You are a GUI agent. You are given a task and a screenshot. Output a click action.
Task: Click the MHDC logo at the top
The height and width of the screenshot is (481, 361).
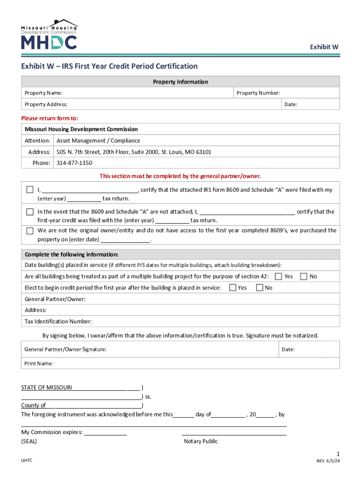tap(49, 35)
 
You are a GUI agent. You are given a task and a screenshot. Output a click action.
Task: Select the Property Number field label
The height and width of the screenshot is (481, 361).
tap(258, 93)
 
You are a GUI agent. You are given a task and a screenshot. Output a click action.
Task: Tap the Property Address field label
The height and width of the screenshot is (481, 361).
tap(46, 104)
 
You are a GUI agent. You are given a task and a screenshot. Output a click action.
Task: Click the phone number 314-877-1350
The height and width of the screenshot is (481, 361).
tap(75, 163)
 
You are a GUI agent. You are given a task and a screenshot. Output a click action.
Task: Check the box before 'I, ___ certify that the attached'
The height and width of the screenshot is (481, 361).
tap(30, 190)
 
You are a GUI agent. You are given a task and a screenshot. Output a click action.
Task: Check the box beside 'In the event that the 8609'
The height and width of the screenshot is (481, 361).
tap(30, 212)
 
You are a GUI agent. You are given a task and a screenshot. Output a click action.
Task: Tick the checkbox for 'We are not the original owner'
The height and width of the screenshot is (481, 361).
tap(30, 231)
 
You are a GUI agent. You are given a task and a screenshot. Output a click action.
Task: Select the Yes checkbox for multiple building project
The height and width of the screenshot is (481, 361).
tap(278, 276)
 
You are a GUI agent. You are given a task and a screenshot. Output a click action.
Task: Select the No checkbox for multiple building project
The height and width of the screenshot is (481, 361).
tap(304, 276)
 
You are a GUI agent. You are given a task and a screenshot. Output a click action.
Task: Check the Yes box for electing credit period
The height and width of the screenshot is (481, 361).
tap(233, 287)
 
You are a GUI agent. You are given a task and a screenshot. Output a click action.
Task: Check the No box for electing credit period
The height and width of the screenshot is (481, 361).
tap(259, 287)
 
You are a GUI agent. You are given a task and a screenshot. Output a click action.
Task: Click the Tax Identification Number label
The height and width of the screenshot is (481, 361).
tap(58, 322)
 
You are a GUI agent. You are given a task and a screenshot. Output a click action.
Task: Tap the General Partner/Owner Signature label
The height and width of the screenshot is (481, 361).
tap(66, 349)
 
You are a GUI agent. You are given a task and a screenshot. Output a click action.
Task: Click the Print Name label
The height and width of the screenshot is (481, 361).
tap(38, 364)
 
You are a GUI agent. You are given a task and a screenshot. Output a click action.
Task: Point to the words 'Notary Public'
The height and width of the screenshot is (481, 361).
tap(201, 441)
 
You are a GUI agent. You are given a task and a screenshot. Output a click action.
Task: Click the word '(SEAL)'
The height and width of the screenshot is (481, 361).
tap(29, 442)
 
